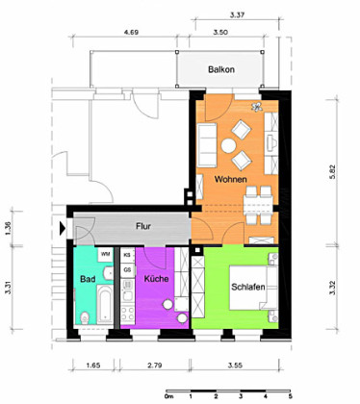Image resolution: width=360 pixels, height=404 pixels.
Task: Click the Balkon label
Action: pyautogui.click(x=223, y=70)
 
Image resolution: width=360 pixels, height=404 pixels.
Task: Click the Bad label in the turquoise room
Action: pyautogui.click(x=87, y=279)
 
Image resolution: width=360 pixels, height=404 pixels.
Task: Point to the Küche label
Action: pyautogui.click(x=158, y=279)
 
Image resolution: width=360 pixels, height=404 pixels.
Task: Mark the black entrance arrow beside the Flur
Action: pyautogui.click(x=63, y=229)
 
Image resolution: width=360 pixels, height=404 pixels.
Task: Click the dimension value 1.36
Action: pyautogui.click(x=8, y=229)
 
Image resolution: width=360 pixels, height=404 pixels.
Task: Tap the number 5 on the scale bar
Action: pyautogui.click(x=290, y=396)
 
